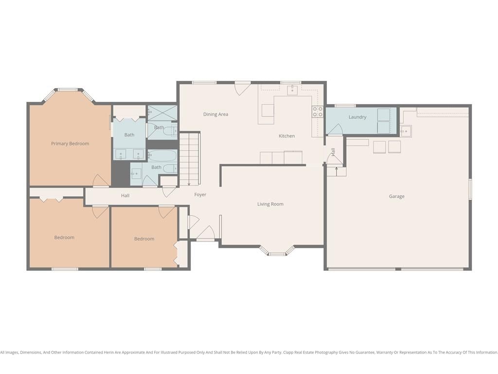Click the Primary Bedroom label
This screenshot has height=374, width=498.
coord(70,144)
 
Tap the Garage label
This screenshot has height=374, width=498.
coord(397,197)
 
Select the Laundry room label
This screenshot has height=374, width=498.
coord(357,117)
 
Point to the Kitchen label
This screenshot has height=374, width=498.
coord(286,136)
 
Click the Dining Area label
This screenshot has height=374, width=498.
coord(215,114)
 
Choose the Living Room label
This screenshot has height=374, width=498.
coord(270,204)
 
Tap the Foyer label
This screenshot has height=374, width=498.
coord(200,195)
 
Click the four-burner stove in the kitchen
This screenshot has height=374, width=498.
coord(317,112)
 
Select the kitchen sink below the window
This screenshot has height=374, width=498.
coord(292,90)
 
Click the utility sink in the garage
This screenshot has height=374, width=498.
coord(406,131)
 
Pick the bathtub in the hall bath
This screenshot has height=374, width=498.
coord(162,156)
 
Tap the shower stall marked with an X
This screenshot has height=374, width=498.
coord(162,113)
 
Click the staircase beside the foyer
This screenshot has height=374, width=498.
coord(190,159)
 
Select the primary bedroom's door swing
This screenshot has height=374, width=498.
coord(101,181)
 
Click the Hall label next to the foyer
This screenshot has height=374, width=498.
coord(125,196)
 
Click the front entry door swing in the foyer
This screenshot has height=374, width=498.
coord(206,233)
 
